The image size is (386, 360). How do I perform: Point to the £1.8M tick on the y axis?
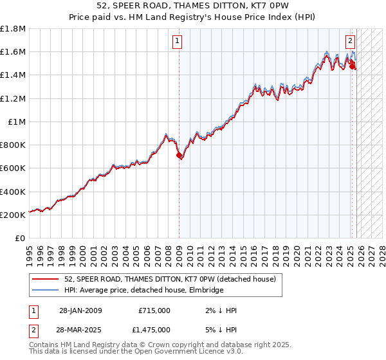(14, 28)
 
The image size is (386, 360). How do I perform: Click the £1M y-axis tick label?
(17, 122)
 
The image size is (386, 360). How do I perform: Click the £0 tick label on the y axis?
(21, 238)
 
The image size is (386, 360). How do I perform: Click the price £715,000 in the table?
(154, 310)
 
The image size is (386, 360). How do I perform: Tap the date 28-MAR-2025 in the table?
(80, 329)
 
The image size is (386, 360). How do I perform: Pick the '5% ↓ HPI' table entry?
(220, 329)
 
